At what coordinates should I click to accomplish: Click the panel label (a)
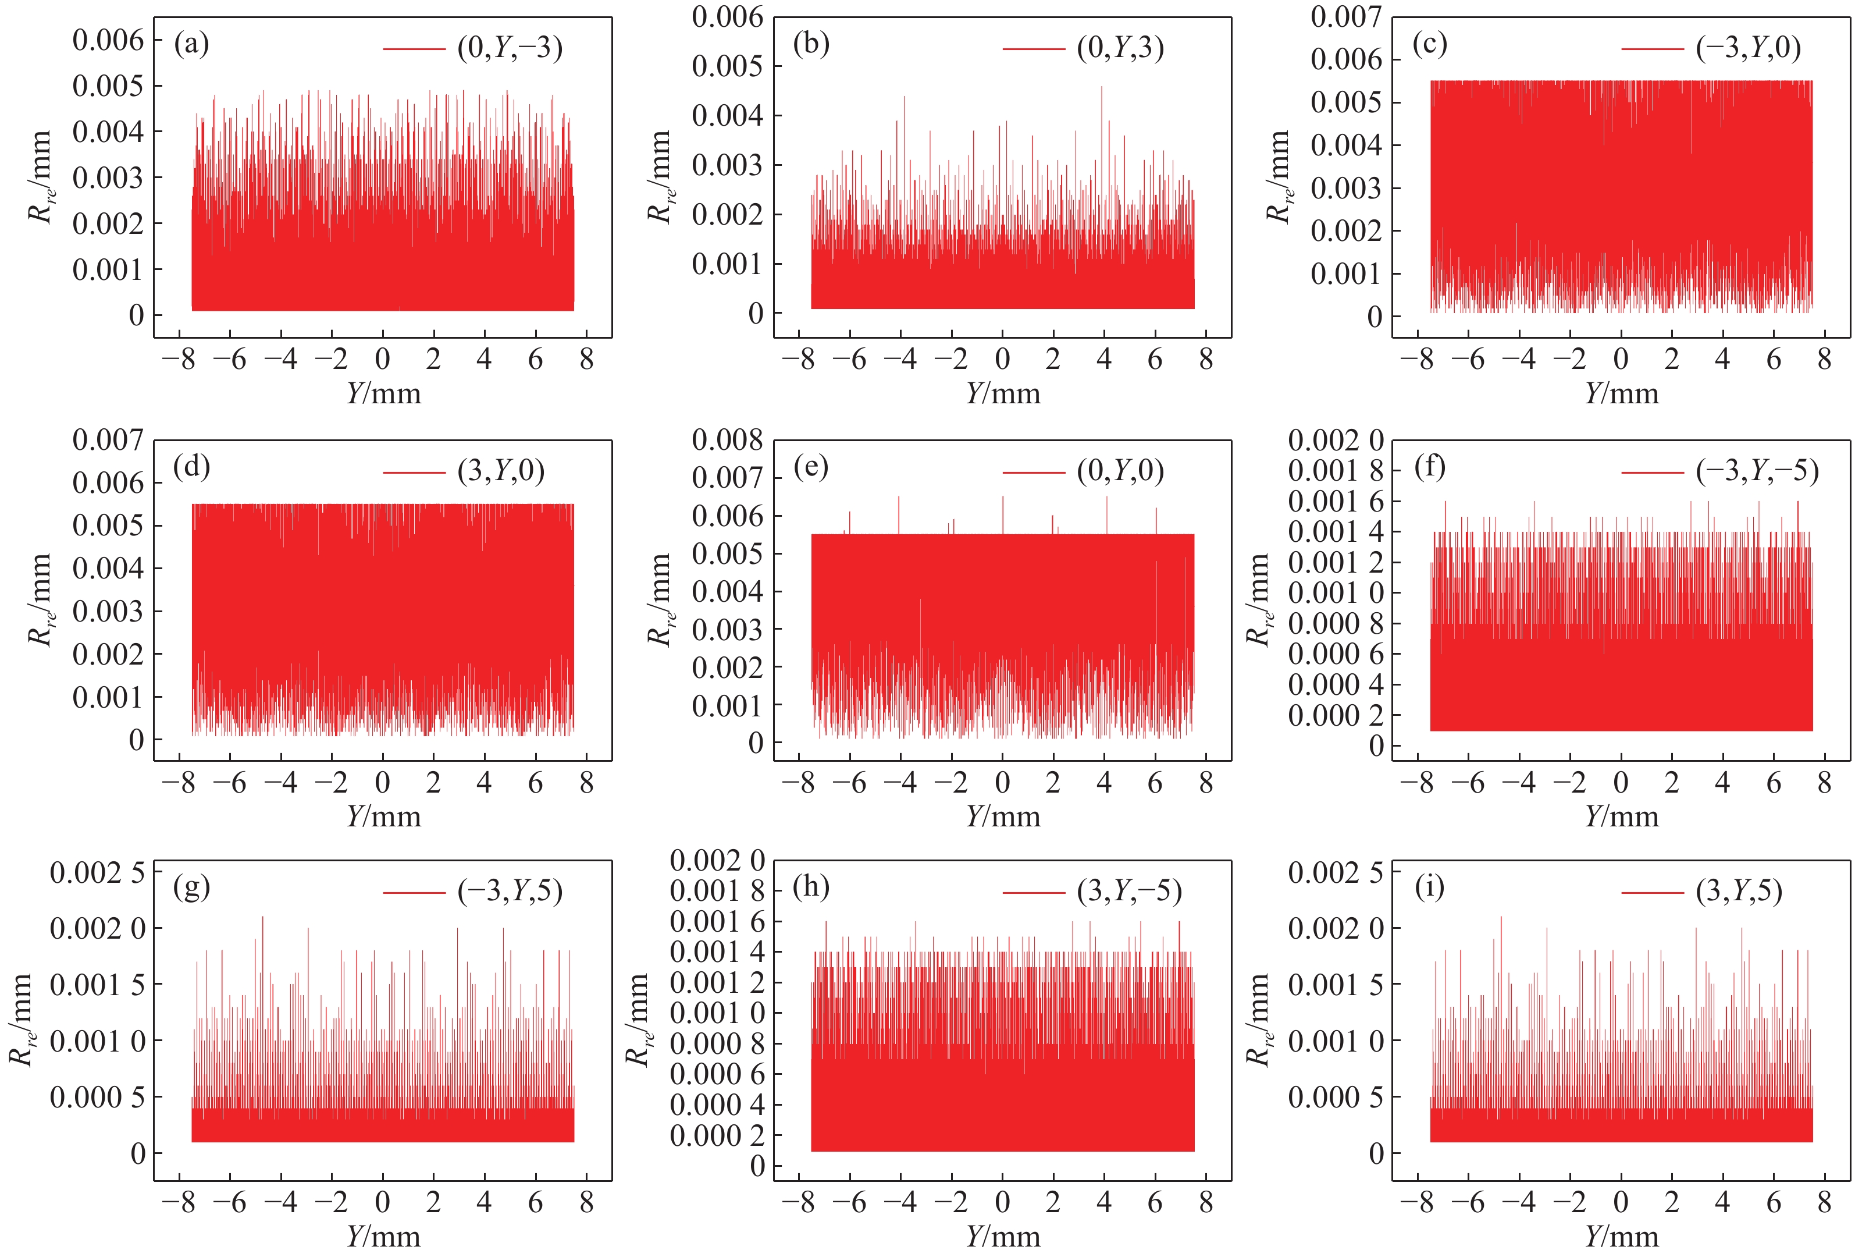tap(191, 45)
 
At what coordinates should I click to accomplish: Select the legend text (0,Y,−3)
tap(509, 49)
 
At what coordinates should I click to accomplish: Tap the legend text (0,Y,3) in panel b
tap(1120, 49)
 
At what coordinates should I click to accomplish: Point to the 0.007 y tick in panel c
tap(1346, 16)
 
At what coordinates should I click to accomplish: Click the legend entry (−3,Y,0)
tap(1748, 49)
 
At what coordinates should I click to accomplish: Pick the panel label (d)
tap(191, 467)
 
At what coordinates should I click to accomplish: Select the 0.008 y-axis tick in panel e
tap(727, 439)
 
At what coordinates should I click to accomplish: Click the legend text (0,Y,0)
tap(1120, 471)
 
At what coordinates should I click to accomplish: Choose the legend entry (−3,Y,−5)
tap(1757, 471)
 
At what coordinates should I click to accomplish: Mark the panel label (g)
tap(191, 887)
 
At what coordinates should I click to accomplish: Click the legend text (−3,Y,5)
tap(509, 891)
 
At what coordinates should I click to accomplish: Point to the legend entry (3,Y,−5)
tap(1128, 891)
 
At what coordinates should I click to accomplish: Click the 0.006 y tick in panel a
tap(109, 40)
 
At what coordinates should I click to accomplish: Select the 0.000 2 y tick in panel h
tap(717, 1135)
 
